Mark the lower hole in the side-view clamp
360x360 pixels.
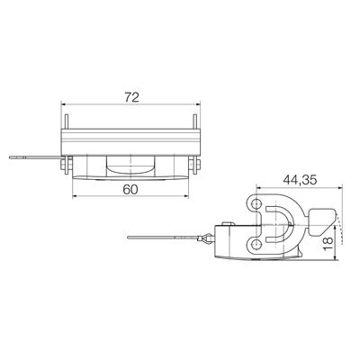[259, 244]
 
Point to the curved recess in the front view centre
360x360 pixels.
[131, 166]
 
